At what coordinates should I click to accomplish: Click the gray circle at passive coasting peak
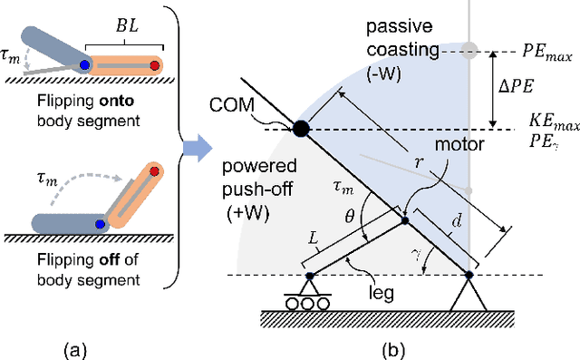click(468, 51)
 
